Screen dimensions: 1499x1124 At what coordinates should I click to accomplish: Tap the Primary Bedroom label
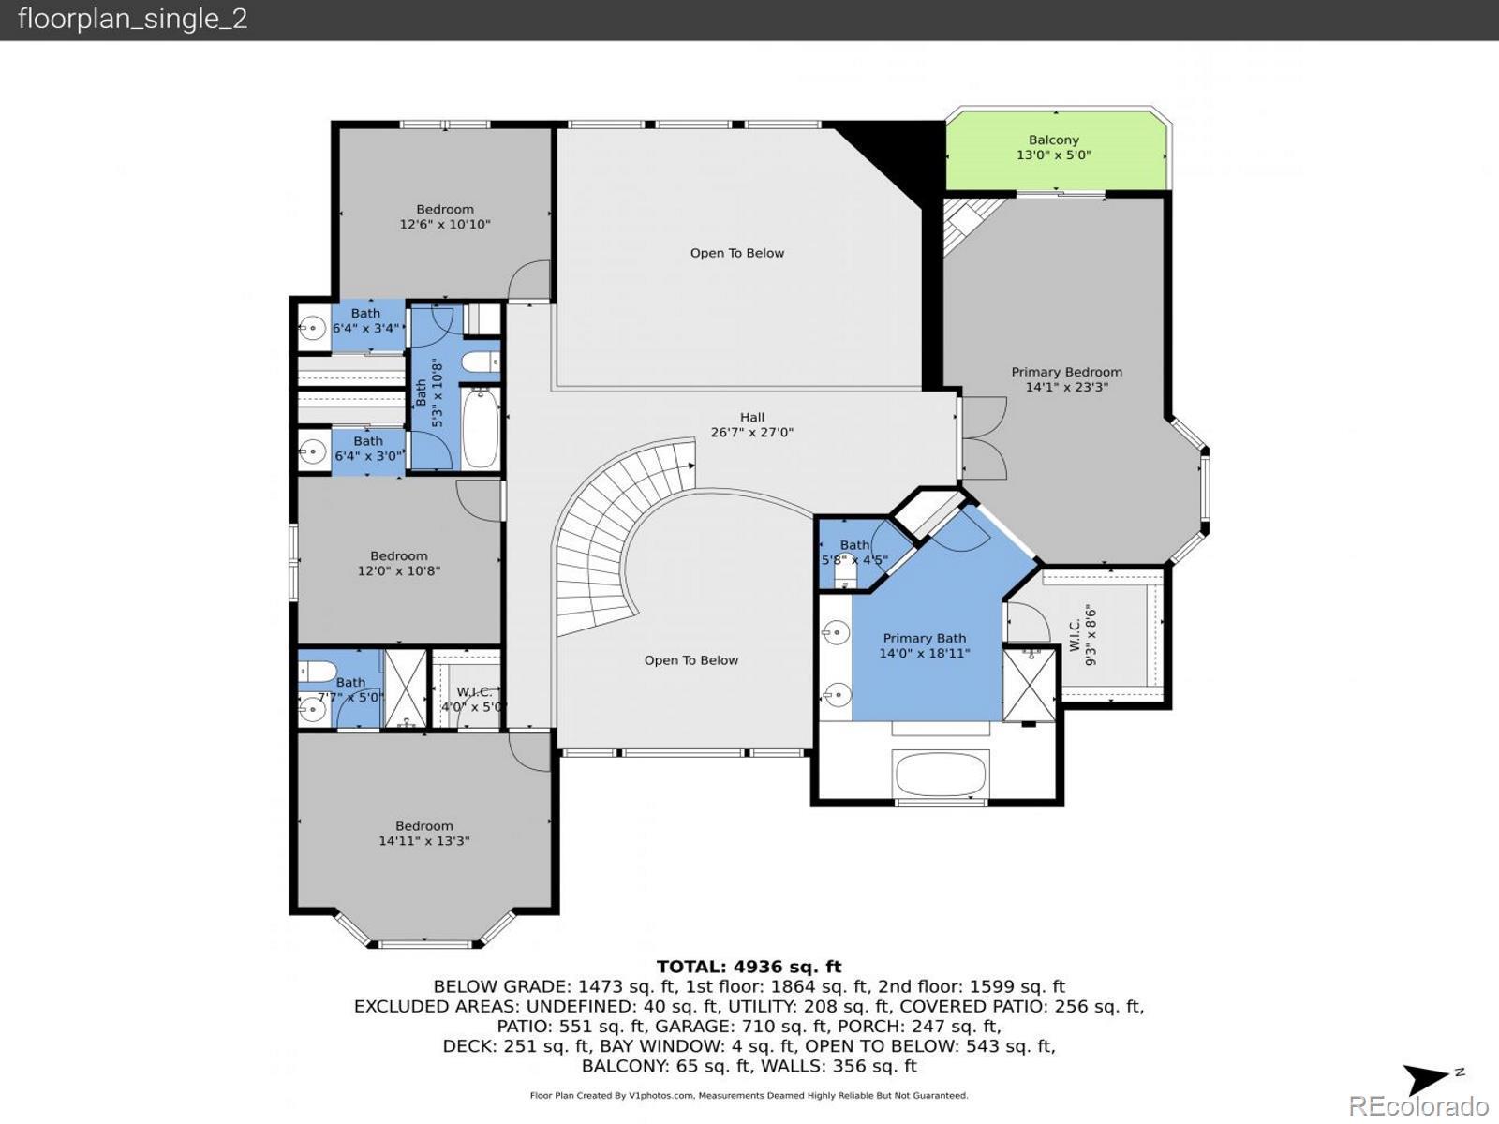point(1066,372)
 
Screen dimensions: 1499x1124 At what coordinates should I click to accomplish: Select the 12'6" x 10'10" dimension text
point(445,224)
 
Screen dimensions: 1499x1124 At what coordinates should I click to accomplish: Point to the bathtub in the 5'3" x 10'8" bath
point(480,428)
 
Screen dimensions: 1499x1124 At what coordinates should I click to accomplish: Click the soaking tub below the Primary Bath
point(941,773)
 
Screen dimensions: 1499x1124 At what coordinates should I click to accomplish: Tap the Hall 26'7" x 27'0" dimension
point(752,432)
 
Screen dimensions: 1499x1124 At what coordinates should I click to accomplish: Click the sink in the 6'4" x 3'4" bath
point(313,328)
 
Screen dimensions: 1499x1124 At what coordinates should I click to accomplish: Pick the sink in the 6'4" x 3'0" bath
point(313,451)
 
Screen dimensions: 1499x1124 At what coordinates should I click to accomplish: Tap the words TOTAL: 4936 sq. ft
point(749,967)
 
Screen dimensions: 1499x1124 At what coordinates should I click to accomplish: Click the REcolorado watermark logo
point(1418,1104)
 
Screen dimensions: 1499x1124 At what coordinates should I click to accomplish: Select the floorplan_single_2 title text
point(132,19)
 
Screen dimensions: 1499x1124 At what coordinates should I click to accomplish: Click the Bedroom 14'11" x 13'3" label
point(424,834)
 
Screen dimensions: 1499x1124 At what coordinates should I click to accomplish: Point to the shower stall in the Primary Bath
point(1029,685)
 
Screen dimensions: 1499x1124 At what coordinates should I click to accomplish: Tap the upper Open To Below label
point(737,253)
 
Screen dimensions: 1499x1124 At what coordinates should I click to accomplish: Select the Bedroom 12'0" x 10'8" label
point(399,563)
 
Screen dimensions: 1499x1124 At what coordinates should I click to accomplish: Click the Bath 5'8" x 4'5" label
point(854,553)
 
